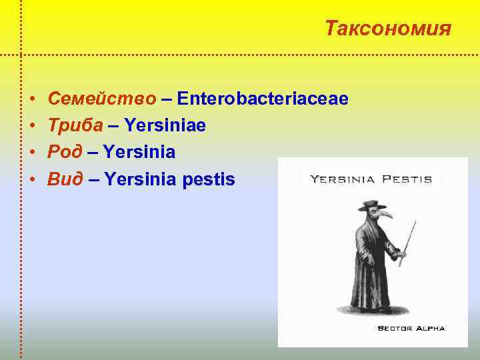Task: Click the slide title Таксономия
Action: [x=388, y=29]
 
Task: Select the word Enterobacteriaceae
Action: [x=263, y=99]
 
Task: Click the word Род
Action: [x=65, y=153]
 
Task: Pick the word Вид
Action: [x=65, y=179]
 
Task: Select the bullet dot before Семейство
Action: [x=33, y=100]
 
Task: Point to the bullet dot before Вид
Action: [x=33, y=179]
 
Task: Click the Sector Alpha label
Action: [x=411, y=328]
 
